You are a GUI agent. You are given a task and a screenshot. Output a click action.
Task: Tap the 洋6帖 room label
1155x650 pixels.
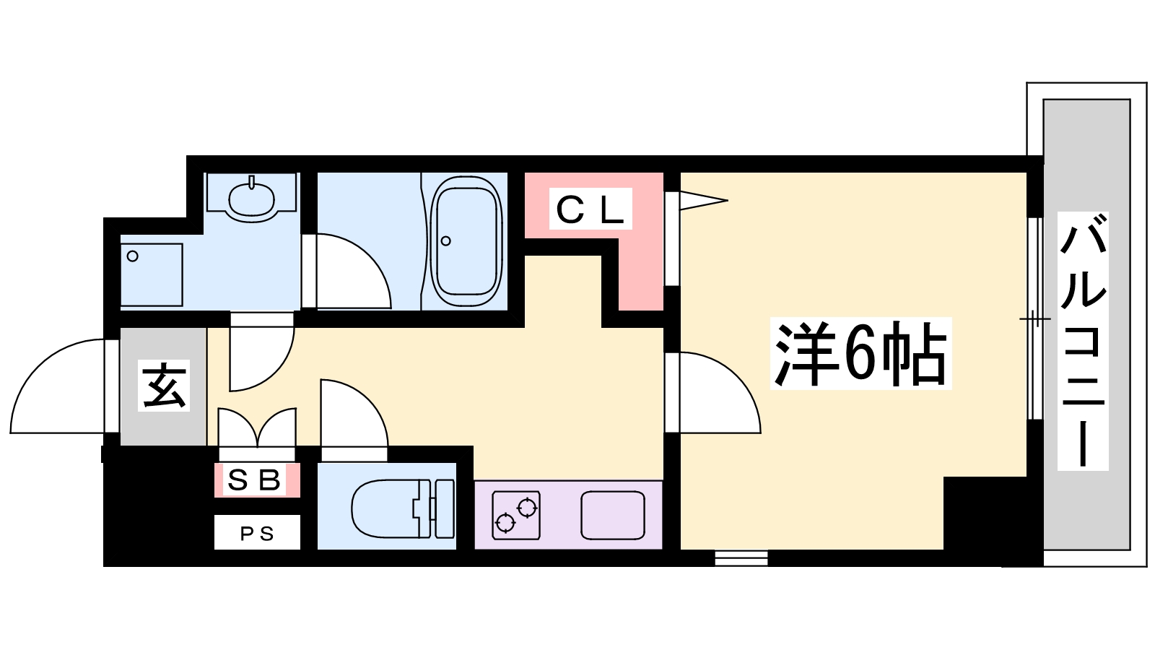[x=860, y=354]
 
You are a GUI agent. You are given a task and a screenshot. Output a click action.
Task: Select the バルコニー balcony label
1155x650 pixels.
[x=1083, y=341]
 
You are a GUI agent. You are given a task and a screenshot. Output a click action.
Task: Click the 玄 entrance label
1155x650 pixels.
[x=163, y=386]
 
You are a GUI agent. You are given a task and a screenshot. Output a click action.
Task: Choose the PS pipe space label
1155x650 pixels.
[x=257, y=534]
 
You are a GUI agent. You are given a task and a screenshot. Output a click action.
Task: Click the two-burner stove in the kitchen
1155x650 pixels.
[x=516, y=515]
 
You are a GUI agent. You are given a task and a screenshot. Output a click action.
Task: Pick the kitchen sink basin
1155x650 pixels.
[x=613, y=515]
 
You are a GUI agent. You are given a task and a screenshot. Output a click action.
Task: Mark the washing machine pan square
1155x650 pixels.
[x=152, y=275]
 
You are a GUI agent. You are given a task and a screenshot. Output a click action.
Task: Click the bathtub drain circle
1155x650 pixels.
[x=446, y=241]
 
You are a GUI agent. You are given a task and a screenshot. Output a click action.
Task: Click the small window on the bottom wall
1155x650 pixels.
[x=741, y=558]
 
